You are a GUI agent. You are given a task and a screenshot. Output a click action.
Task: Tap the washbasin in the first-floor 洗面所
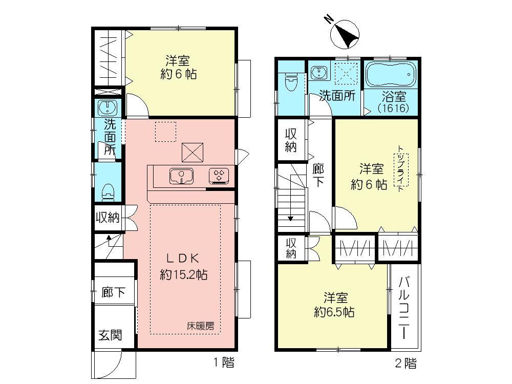click(108, 108)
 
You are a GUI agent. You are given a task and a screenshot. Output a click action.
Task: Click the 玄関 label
click(110, 335)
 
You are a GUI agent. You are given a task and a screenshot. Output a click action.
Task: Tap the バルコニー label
click(404, 307)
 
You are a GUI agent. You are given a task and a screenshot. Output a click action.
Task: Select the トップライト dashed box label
click(398, 168)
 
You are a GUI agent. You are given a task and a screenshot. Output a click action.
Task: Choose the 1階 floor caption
click(223, 363)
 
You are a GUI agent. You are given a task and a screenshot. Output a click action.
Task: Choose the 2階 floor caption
click(406, 363)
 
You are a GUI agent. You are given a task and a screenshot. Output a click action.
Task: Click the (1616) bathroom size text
click(393, 109)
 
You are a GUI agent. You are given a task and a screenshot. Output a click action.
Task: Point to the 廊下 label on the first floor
click(113, 293)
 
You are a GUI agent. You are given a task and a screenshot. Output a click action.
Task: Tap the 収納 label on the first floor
click(108, 218)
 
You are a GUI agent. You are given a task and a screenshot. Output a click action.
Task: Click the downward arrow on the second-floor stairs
click(290, 218)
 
